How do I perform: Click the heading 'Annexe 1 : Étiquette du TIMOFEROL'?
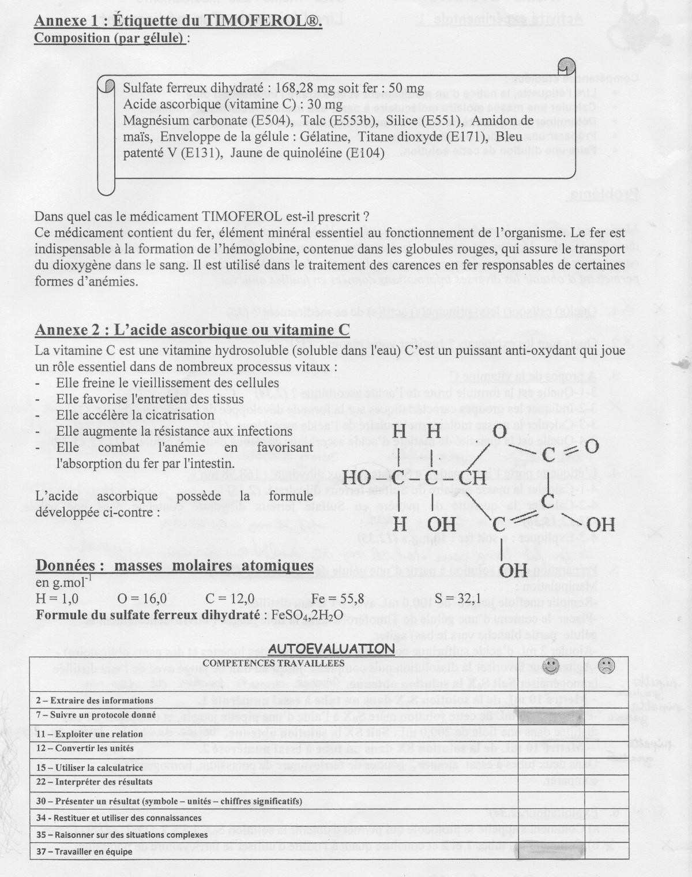(178, 21)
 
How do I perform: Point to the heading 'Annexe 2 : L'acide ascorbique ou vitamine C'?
(192, 329)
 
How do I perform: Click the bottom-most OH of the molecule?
(513, 571)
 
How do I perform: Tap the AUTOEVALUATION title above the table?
(331, 649)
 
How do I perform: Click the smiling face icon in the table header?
(552, 666)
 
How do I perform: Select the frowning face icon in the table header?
(606, 666)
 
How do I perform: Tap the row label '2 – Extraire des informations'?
(95, 700)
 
